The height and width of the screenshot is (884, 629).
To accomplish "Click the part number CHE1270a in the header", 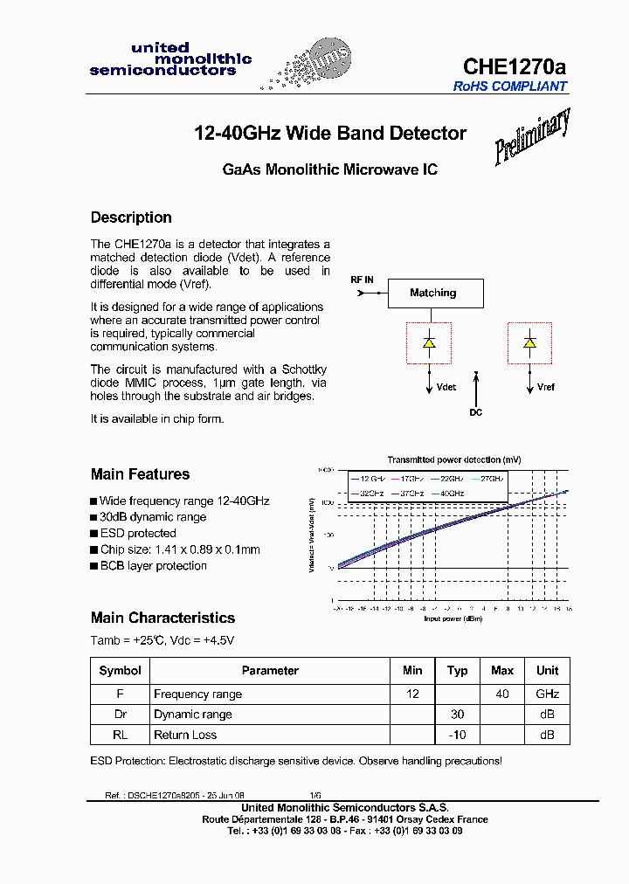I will point(514,66).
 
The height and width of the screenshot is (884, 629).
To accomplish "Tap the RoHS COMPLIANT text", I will point(510,86).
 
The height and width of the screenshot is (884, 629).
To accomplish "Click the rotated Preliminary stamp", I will point(532,136).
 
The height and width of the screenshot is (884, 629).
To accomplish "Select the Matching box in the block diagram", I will point(433,293).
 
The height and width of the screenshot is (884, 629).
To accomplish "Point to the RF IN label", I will point(362,280).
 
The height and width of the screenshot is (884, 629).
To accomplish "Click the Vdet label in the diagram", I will point(446,387).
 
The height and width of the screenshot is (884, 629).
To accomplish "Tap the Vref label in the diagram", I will point(546,387).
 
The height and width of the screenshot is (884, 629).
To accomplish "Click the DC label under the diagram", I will point(475,412).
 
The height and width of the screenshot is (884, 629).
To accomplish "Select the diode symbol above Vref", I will point(529,342).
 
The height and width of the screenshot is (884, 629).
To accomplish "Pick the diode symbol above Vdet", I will point(429,342).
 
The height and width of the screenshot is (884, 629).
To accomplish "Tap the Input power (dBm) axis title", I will point(453,618).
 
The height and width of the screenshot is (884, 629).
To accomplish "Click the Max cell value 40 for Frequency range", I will point(502,694).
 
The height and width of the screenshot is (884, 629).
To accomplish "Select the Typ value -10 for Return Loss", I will point(457,735).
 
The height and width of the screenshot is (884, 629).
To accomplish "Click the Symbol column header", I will point(121,671).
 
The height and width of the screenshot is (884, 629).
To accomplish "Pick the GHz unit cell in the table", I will point(547,694).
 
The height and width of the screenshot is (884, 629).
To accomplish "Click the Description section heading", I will point(131,218).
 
